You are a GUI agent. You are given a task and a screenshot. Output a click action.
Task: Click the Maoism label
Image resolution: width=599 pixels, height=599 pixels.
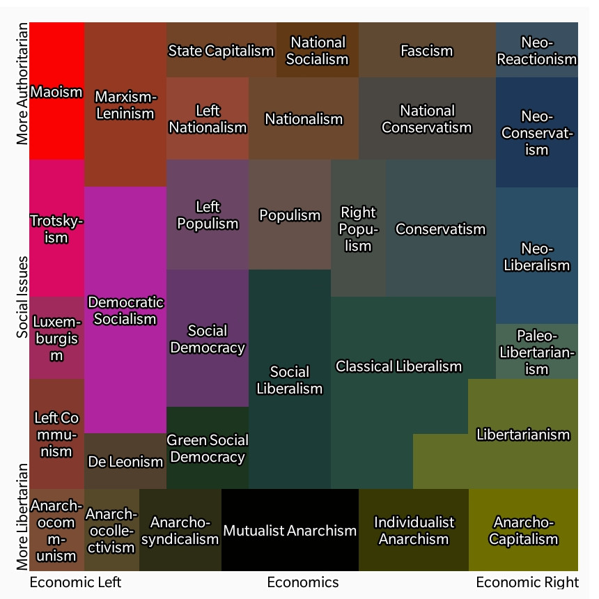click(57, 92)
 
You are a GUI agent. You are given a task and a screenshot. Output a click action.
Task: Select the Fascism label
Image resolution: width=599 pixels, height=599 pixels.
click(427, 51)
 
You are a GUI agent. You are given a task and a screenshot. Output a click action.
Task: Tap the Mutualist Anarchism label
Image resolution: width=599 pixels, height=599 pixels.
click(290, 531)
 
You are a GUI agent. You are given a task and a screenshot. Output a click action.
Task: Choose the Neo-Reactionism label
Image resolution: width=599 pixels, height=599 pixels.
click(536, 51)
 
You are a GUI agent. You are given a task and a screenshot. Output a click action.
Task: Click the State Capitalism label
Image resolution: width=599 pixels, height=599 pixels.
click(221, 51)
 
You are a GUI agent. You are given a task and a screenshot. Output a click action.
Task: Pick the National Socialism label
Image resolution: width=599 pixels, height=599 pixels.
click(317, 51)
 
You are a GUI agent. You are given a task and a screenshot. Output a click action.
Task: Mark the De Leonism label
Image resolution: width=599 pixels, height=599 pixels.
click(125, 461)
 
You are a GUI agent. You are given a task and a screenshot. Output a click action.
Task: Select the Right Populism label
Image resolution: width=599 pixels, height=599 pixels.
click(358, 228)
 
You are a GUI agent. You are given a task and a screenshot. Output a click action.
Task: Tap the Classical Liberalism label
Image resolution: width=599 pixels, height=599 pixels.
click(399, 366)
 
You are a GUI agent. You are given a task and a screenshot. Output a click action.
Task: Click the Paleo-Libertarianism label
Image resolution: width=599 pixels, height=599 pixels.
click(536, 352)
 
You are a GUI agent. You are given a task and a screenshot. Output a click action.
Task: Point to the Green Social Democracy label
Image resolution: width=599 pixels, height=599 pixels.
click(208, 449)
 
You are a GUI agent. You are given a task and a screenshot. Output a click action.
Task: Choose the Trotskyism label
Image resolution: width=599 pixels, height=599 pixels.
click(57, 228)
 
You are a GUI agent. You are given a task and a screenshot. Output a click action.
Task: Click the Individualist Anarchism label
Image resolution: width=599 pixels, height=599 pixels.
click(414, 531)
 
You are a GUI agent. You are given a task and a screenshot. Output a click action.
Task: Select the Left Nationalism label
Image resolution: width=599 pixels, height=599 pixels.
click(208, 119)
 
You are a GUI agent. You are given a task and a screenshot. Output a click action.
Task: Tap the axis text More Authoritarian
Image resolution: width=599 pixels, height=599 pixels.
click(23, 84)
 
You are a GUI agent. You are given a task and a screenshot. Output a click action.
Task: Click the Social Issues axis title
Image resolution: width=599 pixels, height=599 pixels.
click(23, 297)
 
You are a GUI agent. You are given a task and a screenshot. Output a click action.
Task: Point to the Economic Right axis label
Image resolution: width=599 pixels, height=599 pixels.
click(527, 582)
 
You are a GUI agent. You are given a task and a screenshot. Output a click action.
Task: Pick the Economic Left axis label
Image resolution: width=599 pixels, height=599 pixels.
click(75, 582)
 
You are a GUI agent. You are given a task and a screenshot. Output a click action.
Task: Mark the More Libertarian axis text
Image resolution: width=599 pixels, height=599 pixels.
click(23, 517)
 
